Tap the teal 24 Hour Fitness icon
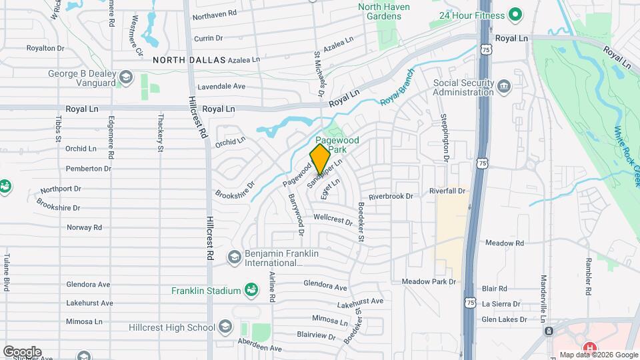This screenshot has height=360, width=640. pos(514,14)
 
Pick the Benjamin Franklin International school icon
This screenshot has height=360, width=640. pos(234,257)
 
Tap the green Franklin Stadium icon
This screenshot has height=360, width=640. pos(251,290)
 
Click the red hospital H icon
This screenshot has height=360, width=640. pos(589,348)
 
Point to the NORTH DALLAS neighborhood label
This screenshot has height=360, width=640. pos(189,60)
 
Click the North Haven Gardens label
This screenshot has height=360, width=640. pos(385,11)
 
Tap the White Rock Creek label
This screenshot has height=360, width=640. pos(627,157)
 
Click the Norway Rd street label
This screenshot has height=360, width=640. pos(84,227)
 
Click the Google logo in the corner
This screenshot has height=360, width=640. pos(22,351)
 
